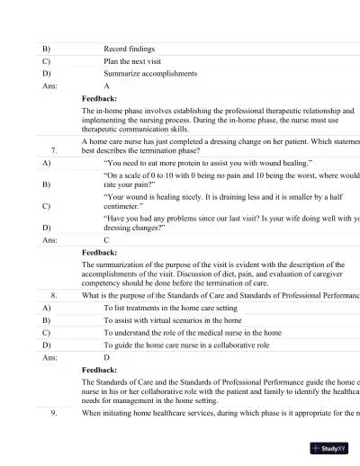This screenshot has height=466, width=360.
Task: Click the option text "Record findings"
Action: point(130,49)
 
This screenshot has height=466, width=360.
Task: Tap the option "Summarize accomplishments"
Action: point(148,74)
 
